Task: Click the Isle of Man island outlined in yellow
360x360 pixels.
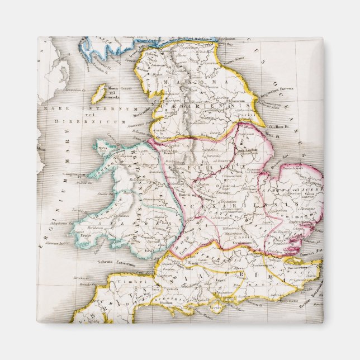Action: click(98, 93)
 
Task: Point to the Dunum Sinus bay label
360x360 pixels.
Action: click(235, 56)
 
